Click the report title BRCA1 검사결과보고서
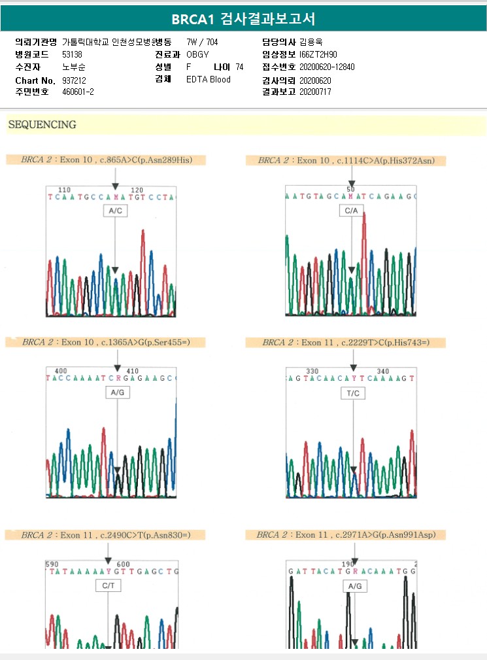[243, 18]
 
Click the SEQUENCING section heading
[42, 124]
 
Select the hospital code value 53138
[73, 54]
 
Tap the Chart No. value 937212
[74, 80]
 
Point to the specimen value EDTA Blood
[209, 80]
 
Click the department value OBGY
[197, 54]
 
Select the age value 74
[239, 67]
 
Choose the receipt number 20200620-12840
[327, 67]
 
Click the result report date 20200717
[315, 92]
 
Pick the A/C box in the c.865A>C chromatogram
[115, 211]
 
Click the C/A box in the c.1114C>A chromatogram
[352, 211]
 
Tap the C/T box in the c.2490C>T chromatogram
[108, 586]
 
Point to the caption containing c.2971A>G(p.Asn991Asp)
[346, 535]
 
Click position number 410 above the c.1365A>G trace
[132, 371]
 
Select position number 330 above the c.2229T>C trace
[312, 371]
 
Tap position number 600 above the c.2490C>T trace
[123, 564]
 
